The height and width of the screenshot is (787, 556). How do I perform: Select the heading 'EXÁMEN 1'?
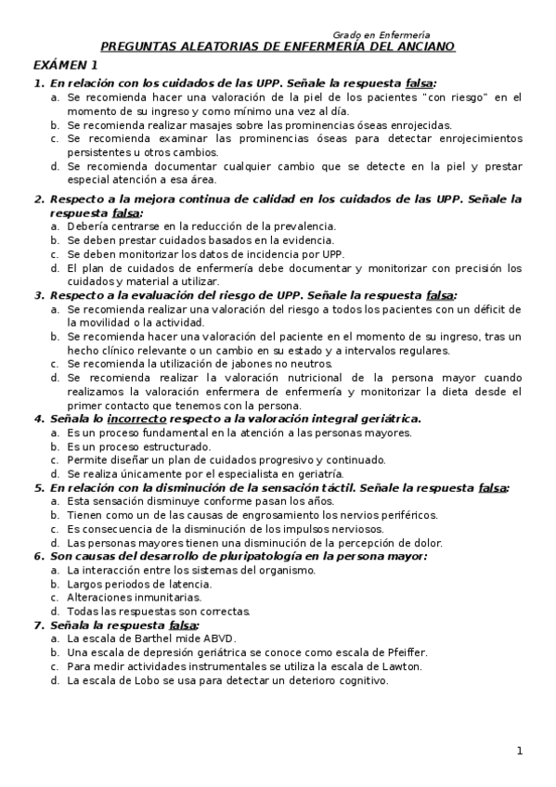click(x=65, y=65)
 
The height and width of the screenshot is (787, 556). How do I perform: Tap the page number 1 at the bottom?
click(x=520, y=751)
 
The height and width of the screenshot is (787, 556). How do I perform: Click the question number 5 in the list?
click(x=38, y=487)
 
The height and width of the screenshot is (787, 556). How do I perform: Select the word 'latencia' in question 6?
click(x=188, y=584)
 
